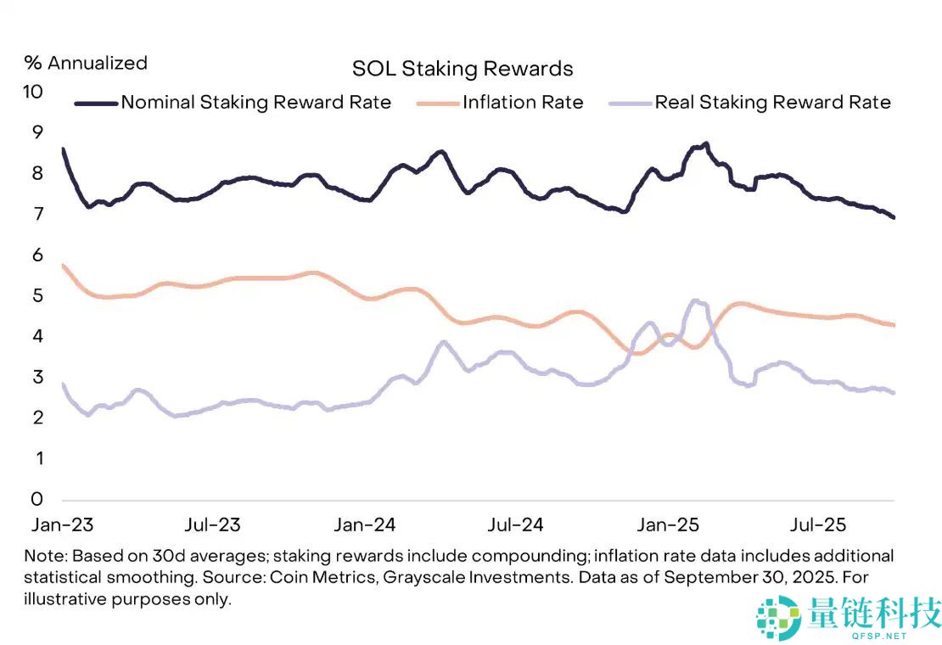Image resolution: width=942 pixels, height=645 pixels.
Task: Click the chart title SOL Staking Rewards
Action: tap(463, 69)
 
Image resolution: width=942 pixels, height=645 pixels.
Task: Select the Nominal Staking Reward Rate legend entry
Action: tap(255, 103)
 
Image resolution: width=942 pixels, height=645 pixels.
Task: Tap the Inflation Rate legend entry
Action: tap(523, 103)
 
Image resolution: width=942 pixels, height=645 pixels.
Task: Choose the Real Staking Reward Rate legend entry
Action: tap(772, 103)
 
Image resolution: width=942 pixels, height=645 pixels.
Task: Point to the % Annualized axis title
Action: tap(86, 63)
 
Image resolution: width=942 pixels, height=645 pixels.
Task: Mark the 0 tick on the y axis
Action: tap(36, 498)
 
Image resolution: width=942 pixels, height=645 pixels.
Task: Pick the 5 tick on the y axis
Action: tap(36, 295)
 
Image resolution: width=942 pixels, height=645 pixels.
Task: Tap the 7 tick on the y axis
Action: tap(36, 214)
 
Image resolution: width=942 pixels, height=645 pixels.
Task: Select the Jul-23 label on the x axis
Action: tap(212, 524)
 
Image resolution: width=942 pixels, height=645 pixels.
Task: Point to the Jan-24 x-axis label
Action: tap(365, 524)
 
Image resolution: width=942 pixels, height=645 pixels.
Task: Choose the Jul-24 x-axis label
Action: tap(515, 524)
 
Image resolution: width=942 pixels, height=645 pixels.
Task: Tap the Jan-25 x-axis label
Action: tap(668, 524)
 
